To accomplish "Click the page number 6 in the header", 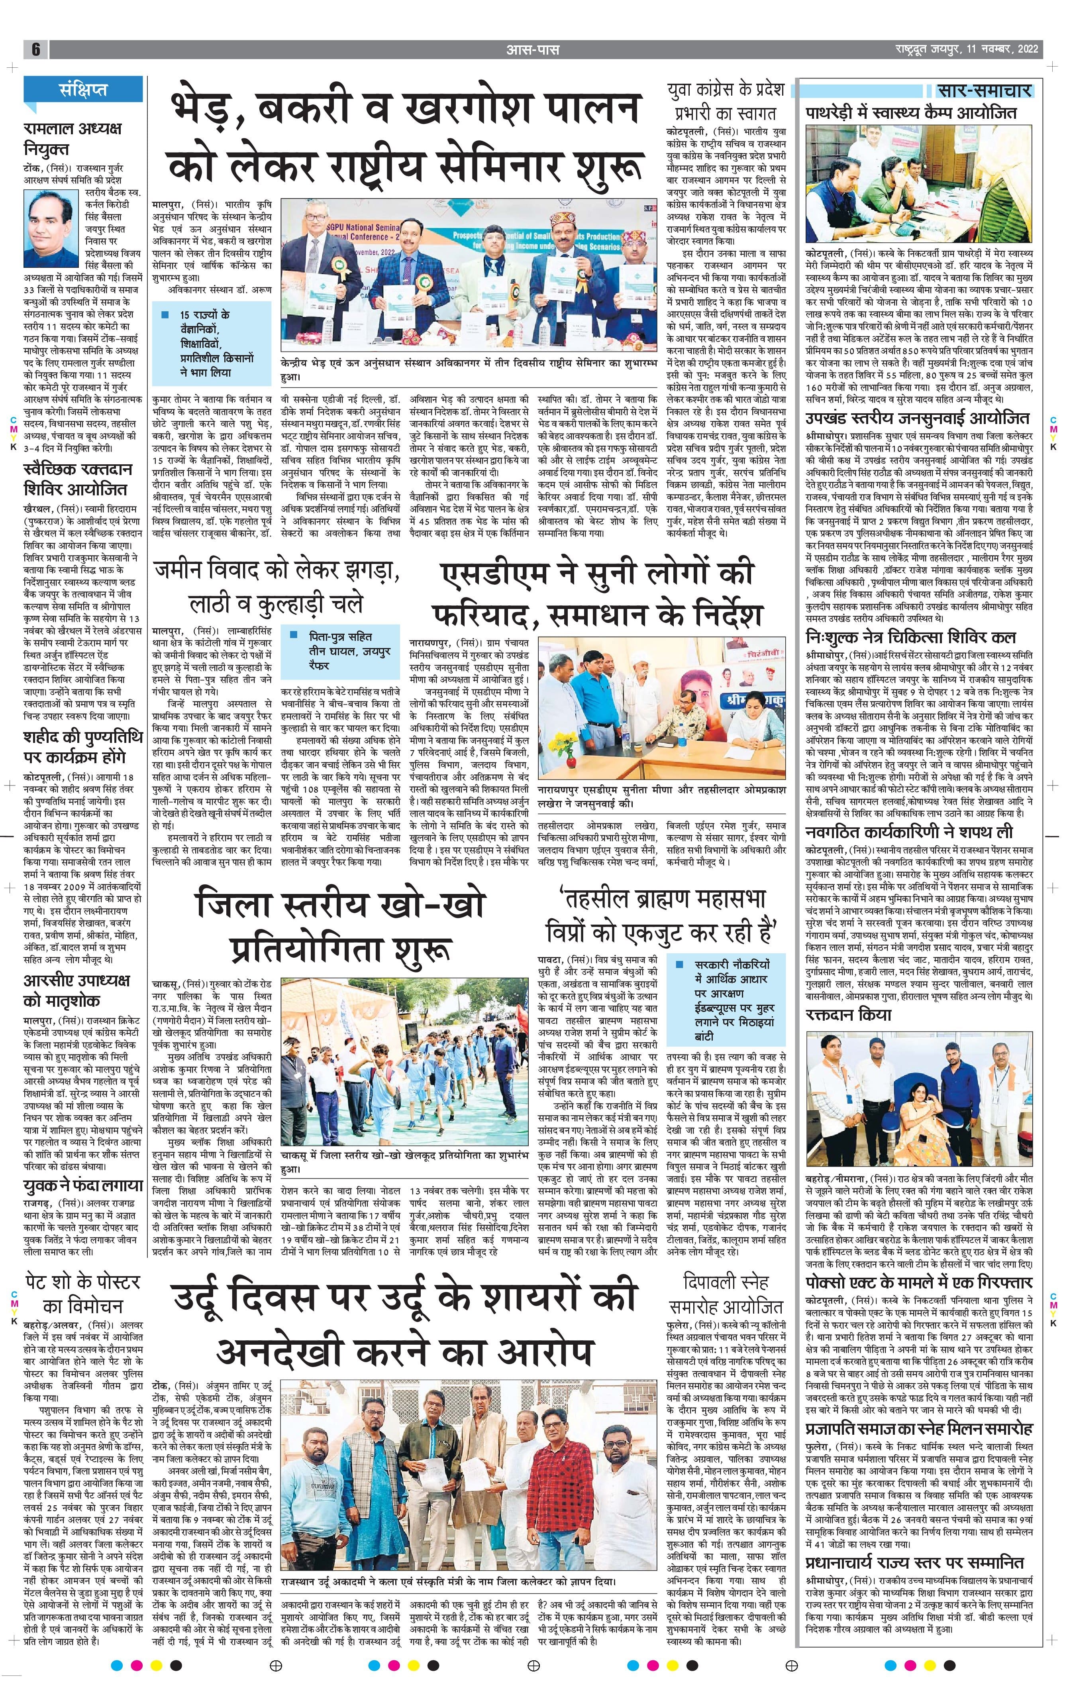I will click(35, 49).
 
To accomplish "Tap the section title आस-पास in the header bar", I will click(533, 49).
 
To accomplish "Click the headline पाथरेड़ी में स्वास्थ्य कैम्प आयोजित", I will click(912, 113).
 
